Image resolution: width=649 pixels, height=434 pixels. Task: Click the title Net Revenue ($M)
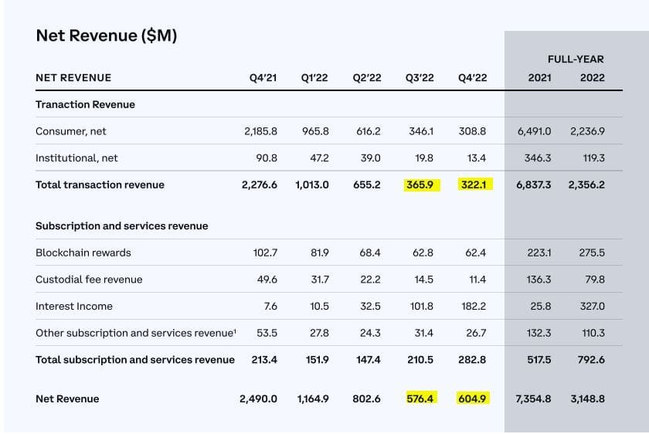coord(107,36)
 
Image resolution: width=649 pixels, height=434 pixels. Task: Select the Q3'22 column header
coord(420,77)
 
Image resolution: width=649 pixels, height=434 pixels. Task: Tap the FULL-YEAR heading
coord(576,59)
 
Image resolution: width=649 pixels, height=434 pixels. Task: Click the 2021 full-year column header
coord(539,77)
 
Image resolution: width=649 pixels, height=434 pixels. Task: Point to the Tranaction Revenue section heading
coord(85,104)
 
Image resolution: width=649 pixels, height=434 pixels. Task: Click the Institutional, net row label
coord(76,158)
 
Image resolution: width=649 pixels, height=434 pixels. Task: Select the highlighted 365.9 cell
coord(421,185)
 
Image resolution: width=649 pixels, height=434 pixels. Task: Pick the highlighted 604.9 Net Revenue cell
coord(472,398)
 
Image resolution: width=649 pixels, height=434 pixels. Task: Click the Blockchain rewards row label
coord(83,253)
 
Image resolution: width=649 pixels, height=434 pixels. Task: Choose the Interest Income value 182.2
coord(474,306)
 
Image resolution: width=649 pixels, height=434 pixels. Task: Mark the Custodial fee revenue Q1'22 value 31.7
coord(320,279)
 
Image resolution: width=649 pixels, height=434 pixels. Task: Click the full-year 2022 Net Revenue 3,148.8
coord(586,398)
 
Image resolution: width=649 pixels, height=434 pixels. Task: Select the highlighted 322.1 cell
coord(472,185)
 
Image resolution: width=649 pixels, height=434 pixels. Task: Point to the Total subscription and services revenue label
coord(135,359)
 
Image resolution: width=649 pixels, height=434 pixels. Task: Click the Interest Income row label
coord(74,306)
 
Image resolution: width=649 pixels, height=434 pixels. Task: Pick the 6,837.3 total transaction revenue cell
coord(534,185)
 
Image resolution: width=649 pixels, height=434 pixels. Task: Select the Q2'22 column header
coord(367,77)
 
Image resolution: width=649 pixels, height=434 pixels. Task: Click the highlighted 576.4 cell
coord(421,398)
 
